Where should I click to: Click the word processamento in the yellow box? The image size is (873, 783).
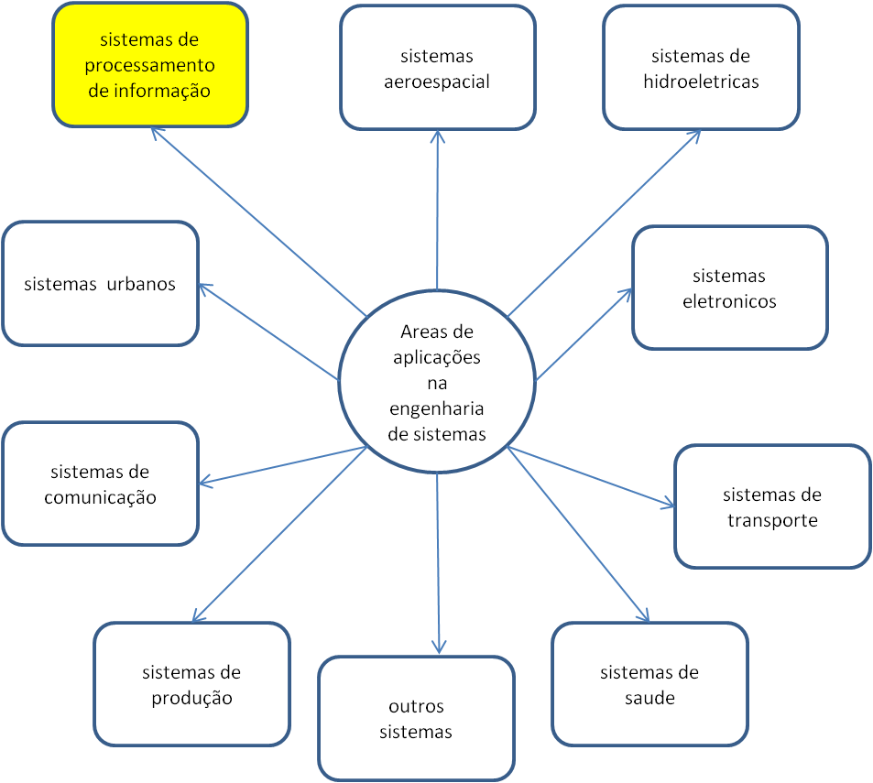[150, 66]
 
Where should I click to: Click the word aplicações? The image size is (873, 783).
[437, 357]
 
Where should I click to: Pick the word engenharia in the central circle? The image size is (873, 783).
[437, 408]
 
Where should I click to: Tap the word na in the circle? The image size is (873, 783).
[437, 383]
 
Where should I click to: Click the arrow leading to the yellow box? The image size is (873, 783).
[256, 220]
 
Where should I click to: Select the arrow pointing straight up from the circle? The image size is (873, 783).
[438, 211]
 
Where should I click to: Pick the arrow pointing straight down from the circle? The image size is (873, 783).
[439, 559]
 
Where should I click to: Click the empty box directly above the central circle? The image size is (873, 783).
[437, 67]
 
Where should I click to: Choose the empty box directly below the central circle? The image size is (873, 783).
[416, 718]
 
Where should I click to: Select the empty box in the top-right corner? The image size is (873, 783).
[701, 67]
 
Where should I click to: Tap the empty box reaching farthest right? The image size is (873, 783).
[772, 506]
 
